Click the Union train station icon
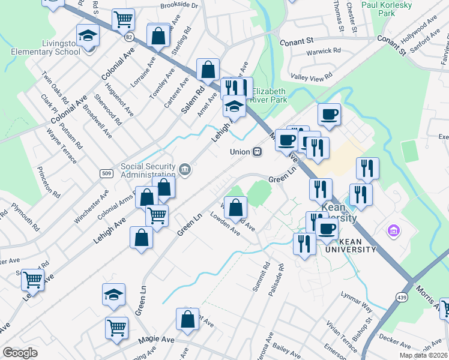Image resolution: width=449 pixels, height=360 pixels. (x=258, y=152)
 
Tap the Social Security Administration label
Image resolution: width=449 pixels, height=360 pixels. (x=148, y=171)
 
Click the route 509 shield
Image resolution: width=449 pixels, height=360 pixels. (x=106, y=174)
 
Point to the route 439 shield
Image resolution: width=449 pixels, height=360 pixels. (x=401, y=296)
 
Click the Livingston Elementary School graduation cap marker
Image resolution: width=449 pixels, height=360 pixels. (x=88, y=37)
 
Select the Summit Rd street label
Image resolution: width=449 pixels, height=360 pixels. (x=265, y=277)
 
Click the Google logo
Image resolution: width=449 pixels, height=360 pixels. (x=20, y=352)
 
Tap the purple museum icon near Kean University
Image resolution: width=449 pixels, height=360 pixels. (x=394, y=231)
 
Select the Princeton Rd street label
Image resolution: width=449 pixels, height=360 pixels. (x=49, y=182)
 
